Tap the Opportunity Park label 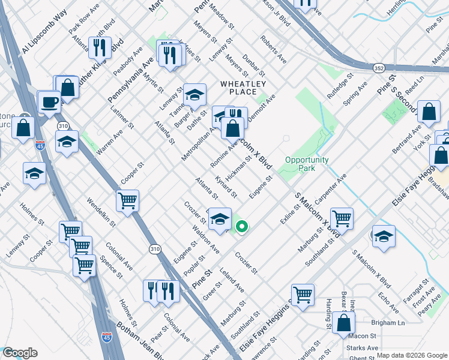[307, 164]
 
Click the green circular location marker [242, 226]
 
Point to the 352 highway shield [378, 67]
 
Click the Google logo [19, 353]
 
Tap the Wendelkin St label [101, 213]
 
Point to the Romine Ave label [223, 155]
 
